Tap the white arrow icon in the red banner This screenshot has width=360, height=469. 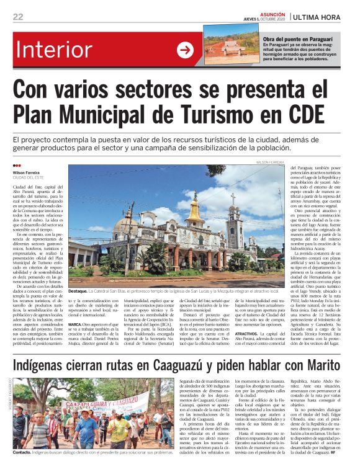click(185, 50)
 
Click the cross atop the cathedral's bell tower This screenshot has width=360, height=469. click(233, 196)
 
